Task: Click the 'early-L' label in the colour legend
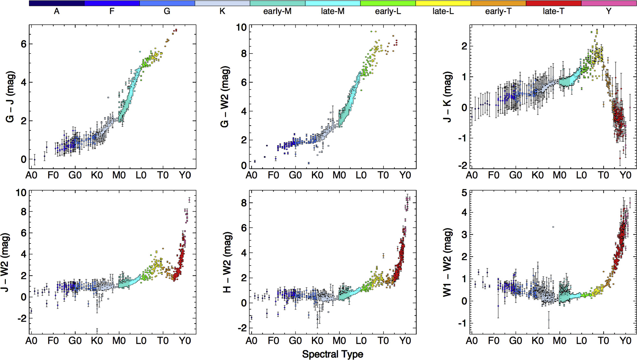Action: pyautogui.click(x=388, y=11)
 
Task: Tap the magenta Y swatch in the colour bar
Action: pyautogui.click(x=609, y=3)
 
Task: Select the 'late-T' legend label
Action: pyautogui.click(x=553, y=11)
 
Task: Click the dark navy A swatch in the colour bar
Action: pyautogui.click(x=57, y=3)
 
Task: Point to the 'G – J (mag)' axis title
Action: pyautogui.click(x=10, y=97)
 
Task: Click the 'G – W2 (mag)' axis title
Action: pyautogui.click(x=225, y=97)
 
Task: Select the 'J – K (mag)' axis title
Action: pyautogui.click(x=447, y=97)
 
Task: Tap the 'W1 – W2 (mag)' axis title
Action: pyautogui.click(x=447, y=262)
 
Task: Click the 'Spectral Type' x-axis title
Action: pyautogui.click(x=332, y=354)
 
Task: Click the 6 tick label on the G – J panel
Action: pyautogui.click(x=23, y=44)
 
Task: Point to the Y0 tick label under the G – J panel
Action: pyautogui.click(x=185, y=175)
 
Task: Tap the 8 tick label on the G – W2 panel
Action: pyautogui.click(x=244, y=54)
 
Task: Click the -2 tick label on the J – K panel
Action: pyautogui.click(x=462, y=165)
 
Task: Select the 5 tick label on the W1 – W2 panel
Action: pyautogui.click(x=464, y=193)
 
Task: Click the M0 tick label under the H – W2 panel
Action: pyautogui.click(x=339, y=341)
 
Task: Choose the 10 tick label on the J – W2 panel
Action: pyautogui.click(x=21, y=192)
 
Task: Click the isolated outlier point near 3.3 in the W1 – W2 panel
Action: pyautogui.click(x=553, y=227)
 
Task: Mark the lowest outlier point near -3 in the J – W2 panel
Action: pyautogui.click(x=97, y=330)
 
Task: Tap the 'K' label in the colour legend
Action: pyautogui.click(x=222, y=11)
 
